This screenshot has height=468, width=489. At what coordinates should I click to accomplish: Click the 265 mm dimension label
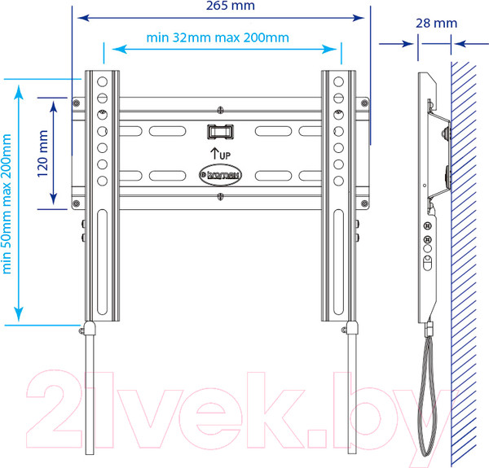[231, 6]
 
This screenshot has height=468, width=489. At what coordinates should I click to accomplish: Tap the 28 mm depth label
[436, 24]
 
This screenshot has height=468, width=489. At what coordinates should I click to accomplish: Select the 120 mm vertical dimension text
[42, 154]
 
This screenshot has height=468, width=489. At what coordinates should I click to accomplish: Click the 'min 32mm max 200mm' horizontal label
[218, 37]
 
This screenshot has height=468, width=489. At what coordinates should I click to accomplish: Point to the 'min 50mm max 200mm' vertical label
[7, 204]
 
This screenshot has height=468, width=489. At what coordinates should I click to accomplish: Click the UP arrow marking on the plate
[221, 154]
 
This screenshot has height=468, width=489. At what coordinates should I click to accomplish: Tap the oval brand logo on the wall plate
[221, 175]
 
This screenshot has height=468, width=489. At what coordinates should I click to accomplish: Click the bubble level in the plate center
[221, 132]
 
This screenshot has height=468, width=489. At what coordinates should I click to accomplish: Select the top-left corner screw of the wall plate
[76, 103]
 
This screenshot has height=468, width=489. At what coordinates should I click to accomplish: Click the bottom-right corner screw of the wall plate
[364, 203]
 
